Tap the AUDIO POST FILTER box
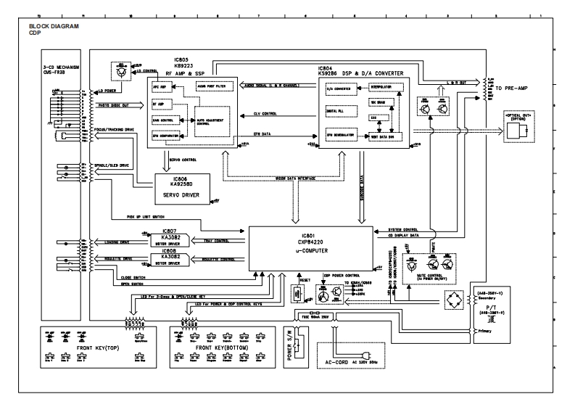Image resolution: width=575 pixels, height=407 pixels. pyautogui.click(x=202, y=86)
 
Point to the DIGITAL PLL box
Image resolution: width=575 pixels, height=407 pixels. pyautogui.click(x=339, y=112)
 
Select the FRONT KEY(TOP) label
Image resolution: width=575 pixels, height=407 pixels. pyautogui.click(x=99, y=348)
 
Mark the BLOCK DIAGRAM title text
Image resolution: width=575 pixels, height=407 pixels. pyautogui.click(x=54, y=27)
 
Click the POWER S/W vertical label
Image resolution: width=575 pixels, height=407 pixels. pyautogui.click(x=290, y=345)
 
